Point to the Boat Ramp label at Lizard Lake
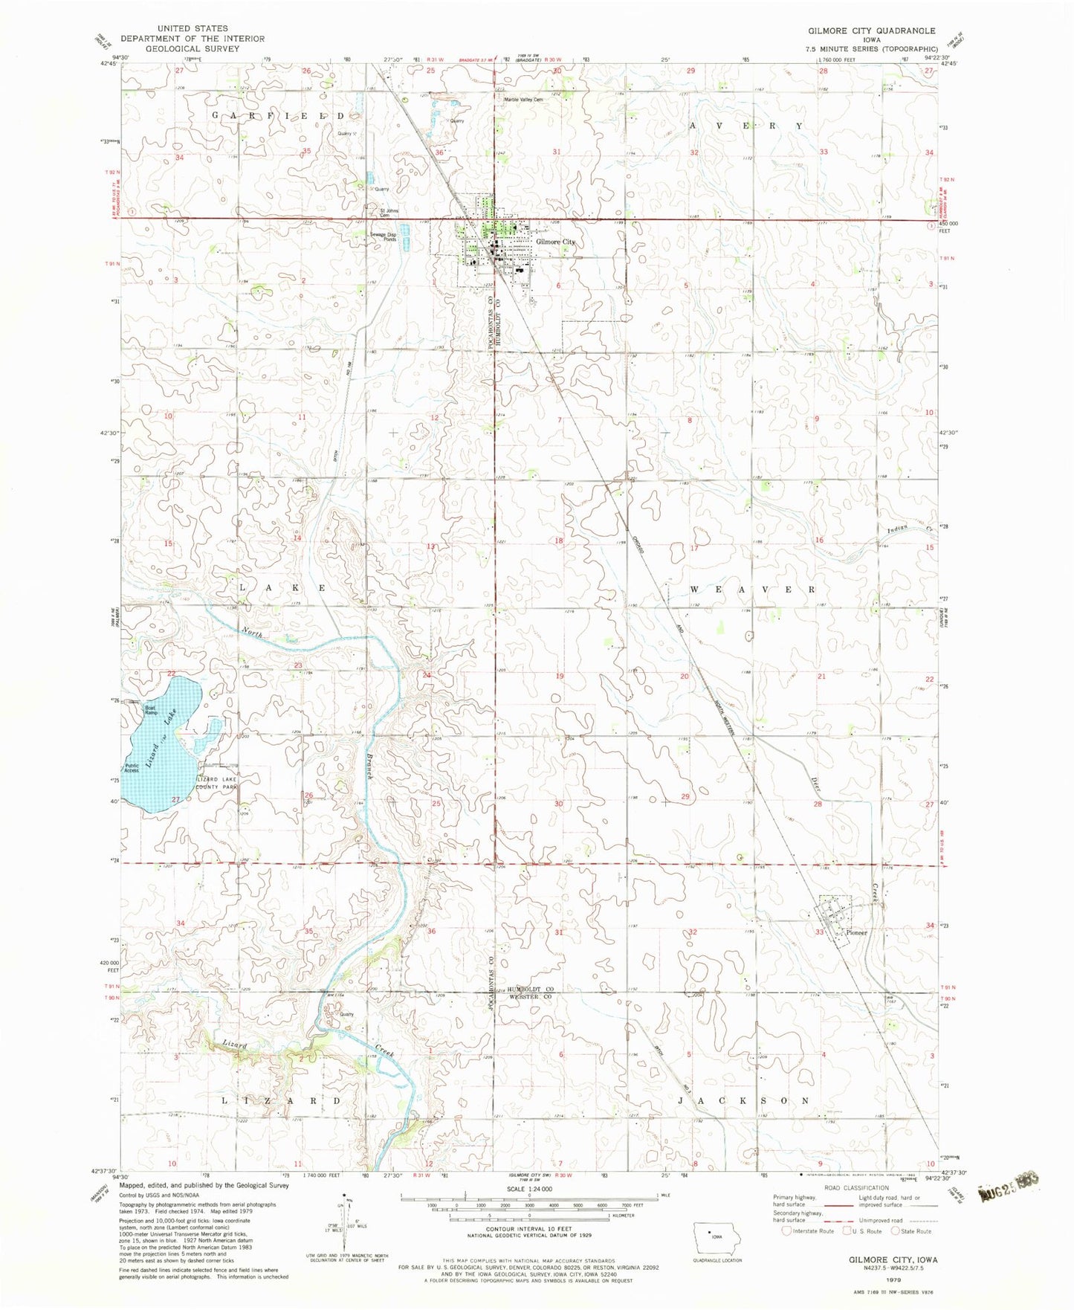coord(151,710)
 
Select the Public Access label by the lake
coord(132,768)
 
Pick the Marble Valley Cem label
coord(524,100)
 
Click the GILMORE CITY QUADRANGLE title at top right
coord(872,31)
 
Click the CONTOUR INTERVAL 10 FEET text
coord(529,1230)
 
